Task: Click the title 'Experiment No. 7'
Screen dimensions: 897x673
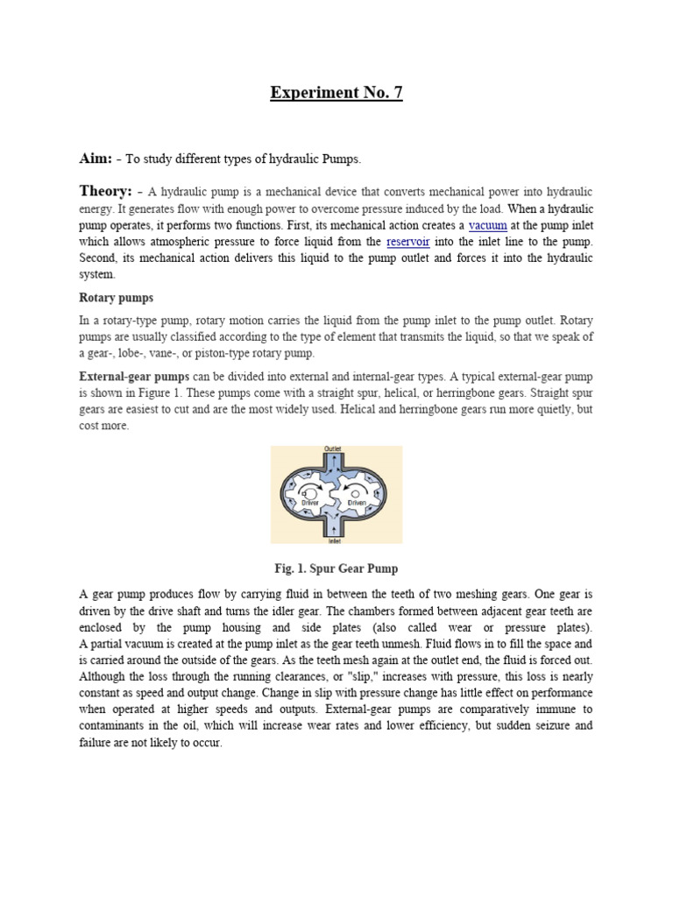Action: click(336, 94)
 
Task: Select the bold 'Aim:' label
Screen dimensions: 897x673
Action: click(97, 159)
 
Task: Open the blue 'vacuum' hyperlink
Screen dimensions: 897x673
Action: click(488, 225)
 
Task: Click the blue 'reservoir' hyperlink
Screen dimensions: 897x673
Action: click(407, 241)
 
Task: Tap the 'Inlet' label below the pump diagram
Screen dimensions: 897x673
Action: click(334, 540)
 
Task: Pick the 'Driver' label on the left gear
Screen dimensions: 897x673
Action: click(309, 503)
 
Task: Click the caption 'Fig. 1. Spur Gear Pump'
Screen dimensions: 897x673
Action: click(336, 569)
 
